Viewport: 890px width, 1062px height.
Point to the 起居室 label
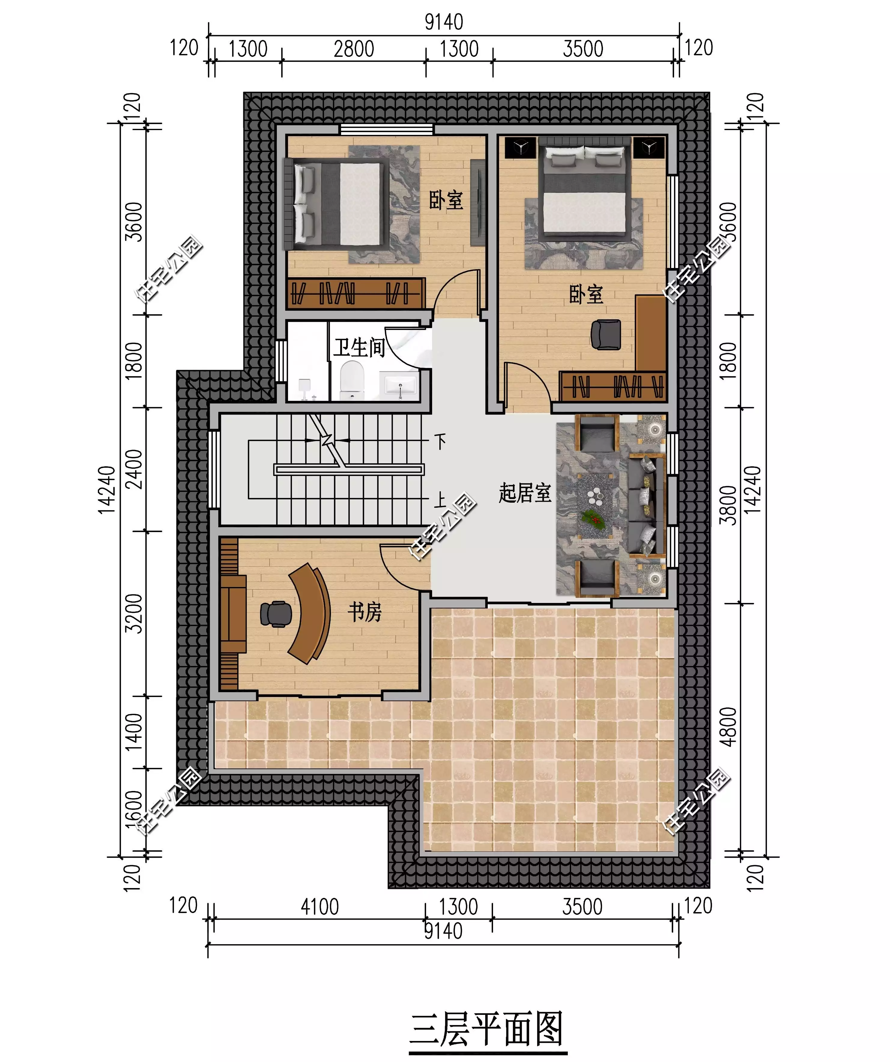(x=525, y=492)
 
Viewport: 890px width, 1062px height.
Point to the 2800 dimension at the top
(x=354, y=49)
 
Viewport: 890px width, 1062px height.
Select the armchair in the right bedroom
(x=606, y=334)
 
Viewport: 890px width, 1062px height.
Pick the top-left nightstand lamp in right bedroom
(x=520, y=148)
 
